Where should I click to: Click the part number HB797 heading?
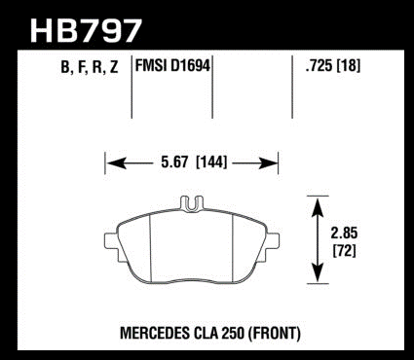click(86, 31)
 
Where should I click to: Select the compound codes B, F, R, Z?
click(90, 67)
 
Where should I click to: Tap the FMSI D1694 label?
click(172, 66)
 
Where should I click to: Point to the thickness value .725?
click(319, 66)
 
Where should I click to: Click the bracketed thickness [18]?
click(349, 66)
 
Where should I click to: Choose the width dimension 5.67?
click(174, 162)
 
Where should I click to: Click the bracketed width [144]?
click(211, 162)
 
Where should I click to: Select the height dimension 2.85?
click(344, 234)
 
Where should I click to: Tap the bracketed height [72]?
click(344, 250)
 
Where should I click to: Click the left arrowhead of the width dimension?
click(116, 162)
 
